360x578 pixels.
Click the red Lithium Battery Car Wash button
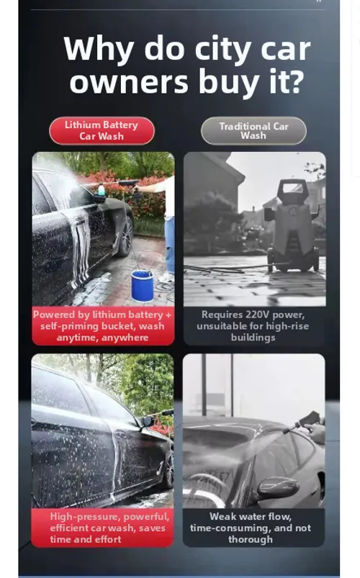pyautogui.click(x=102, y=130)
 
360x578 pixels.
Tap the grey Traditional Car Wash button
pyautogui.click(x=253, y=130)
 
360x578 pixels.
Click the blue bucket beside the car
pyautogui.click(x=143, y=286)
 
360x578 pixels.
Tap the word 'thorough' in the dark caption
pyautogui.click(x=251, y=539)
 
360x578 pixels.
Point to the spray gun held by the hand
pyautogui.click(x=303, y=423)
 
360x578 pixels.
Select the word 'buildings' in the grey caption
pyautogui.click(x=253, y=338)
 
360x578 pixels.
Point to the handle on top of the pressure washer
pyautogui.click(x=292, y=189)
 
